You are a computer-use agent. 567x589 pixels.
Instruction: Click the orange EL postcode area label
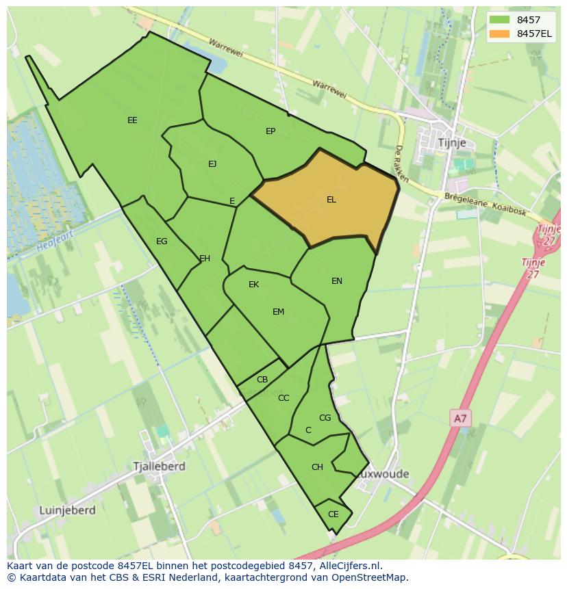pyautogui.click(x=331, y=200)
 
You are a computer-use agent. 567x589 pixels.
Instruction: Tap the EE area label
pyautogui.click(x=132, y=120)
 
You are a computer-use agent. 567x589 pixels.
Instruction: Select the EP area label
pyautogui.click(x=270, y=131)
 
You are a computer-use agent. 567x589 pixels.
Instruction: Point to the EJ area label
pyautogui.click(x=212, y=163)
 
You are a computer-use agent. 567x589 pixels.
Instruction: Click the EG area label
pyautogui.click(x=162, y=241)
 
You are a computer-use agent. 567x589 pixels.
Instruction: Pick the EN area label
pyautogui.click(x=337, y=281)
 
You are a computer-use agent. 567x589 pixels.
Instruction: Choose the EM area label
pyautogui.click(x=278, y=312)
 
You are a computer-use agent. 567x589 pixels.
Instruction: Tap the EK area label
pyautogui.click(x=253, y=285)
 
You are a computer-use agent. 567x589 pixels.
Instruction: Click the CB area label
pyautogui.click(x=262, y=380)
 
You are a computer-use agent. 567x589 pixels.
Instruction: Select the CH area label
pyautogui.click(x=317, y=467)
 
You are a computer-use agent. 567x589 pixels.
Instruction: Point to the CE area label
pyautogui.click(x=333, y=514)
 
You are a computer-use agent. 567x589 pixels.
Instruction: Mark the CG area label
pyautogui.click(x=325, y=418)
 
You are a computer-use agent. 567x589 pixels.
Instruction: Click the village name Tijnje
pyautogui.click(x=451, y=142)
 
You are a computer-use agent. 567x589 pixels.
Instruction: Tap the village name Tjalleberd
pyautogui.click(x=160, y=467)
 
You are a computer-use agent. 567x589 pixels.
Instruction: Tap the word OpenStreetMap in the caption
pyautogui.click(x=373, y=577)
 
